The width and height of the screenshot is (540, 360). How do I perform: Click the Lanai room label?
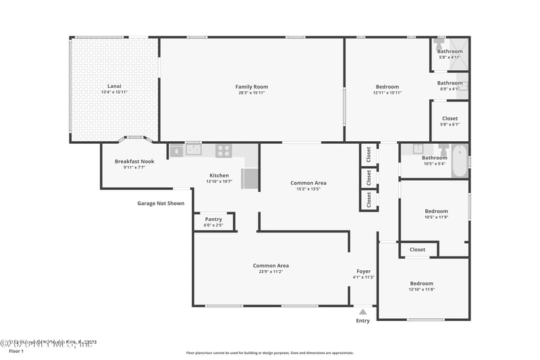[114, 86]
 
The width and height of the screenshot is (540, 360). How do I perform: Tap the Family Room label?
[251, 86]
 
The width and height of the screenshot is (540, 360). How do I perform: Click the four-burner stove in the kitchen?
[223, 151]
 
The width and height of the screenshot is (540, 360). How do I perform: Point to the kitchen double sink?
[193, 151]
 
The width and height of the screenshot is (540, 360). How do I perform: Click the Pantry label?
[213, 219]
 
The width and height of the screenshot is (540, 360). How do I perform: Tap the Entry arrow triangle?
[362, 312]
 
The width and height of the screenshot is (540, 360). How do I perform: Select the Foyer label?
[363, 271]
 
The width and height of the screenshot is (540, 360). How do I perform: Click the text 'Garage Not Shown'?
[161, 203]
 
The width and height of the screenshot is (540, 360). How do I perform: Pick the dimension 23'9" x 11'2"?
[271, 272]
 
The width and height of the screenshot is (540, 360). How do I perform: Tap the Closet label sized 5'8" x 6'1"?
[450, 118]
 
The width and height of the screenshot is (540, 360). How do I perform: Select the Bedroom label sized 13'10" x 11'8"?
[421, 283]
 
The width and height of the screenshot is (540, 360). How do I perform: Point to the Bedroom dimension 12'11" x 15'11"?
[387, 93]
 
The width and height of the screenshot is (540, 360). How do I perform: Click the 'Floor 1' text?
[16, 351]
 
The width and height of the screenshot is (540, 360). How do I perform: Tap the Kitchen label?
[219, 175]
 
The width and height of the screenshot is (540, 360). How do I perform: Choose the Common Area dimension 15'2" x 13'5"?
[308, 189]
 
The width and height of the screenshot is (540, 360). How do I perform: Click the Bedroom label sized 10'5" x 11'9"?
[435, 210]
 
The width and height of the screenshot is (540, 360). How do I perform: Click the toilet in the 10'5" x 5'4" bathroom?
[443, 150]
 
